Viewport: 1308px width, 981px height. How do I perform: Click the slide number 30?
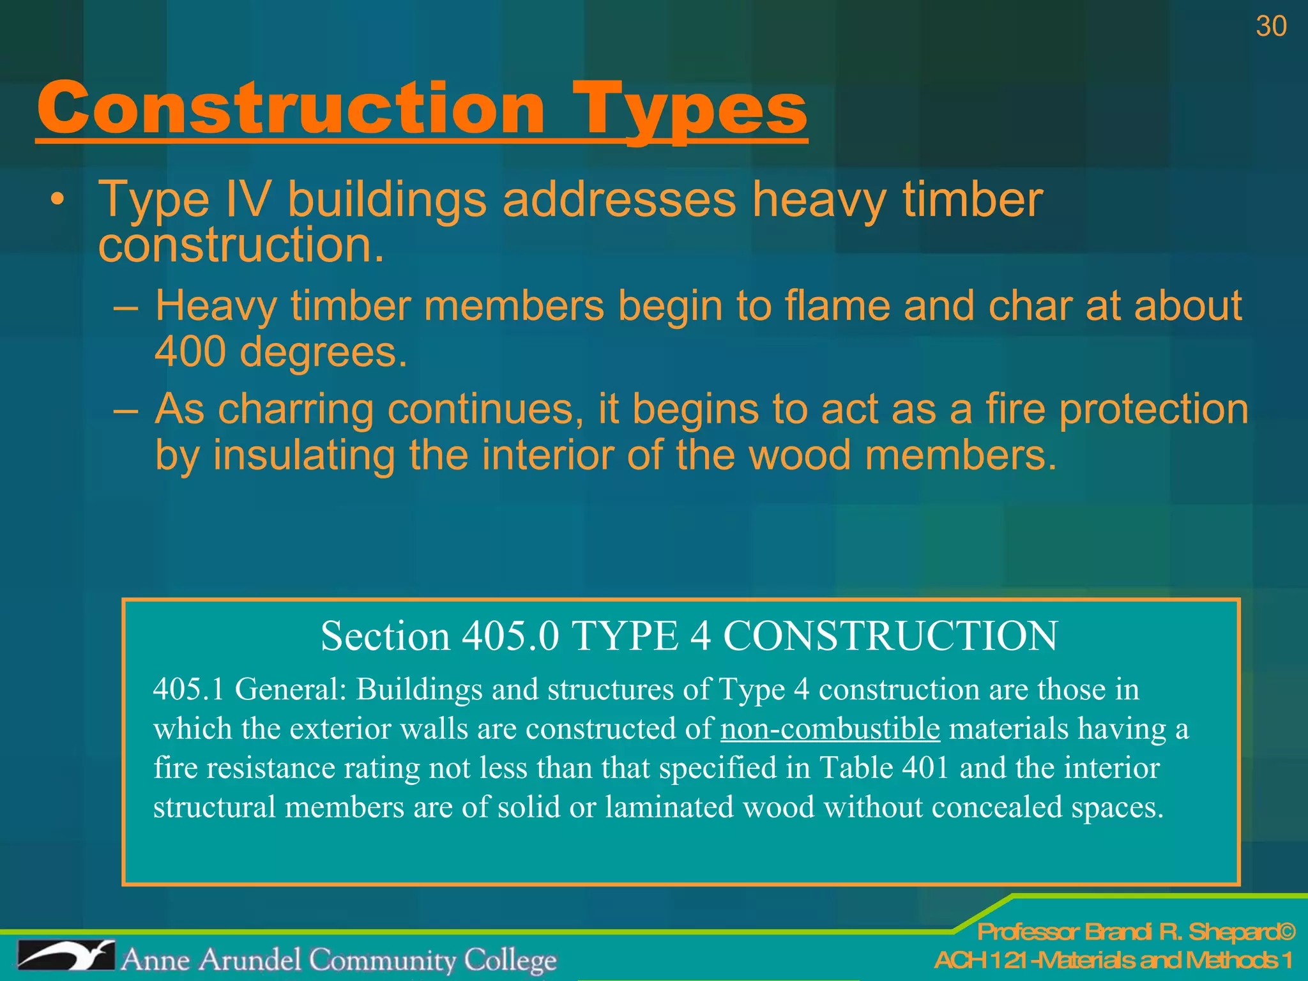click(1270, 27)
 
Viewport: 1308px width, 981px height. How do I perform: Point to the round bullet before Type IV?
click(58, 201)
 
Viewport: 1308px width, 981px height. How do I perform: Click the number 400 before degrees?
click(190, 352)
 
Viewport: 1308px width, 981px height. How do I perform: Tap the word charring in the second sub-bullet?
click(296, 409)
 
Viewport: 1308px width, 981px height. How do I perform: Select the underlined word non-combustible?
click(830, 729)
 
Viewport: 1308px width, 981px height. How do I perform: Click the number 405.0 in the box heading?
click(510, 636)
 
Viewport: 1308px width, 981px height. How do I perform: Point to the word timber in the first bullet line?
click(972, 200)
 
